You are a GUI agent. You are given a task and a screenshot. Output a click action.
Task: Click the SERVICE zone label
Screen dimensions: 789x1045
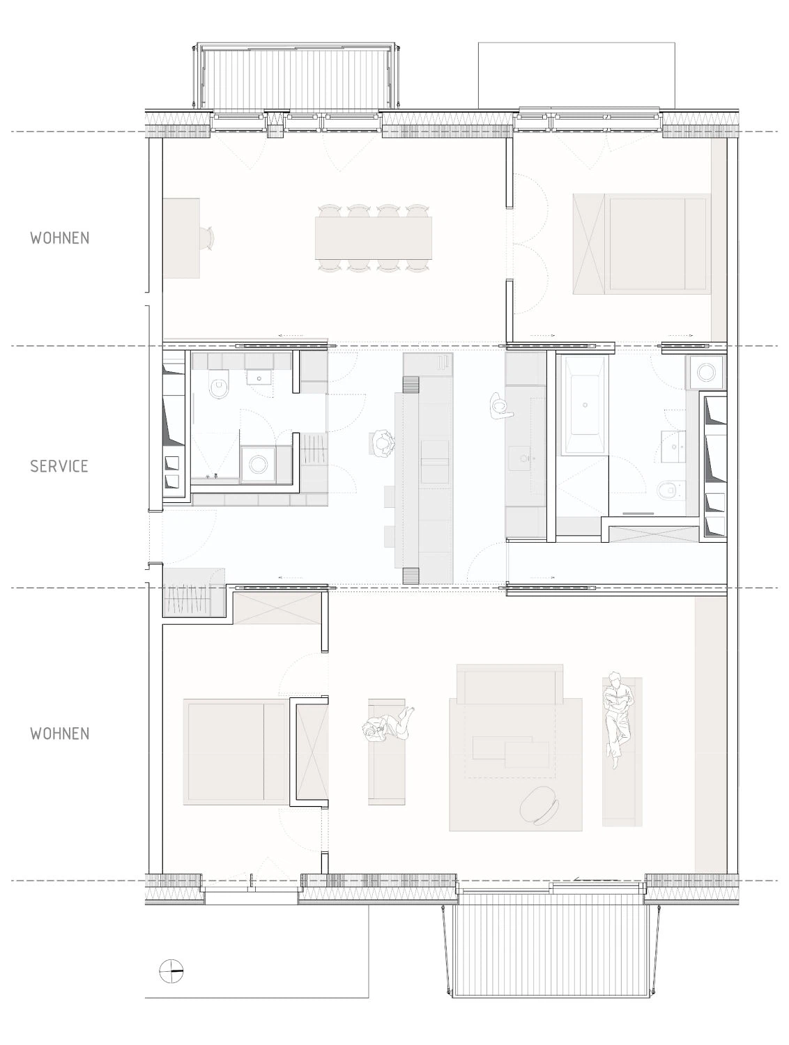pos(59,466)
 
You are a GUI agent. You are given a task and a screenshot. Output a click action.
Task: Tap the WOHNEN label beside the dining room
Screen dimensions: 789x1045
pos(59,238)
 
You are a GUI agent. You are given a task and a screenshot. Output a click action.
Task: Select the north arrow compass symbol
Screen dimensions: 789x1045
pos(171,970)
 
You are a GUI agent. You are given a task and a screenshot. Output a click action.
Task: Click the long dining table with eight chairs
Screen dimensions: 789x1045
pos(374,238)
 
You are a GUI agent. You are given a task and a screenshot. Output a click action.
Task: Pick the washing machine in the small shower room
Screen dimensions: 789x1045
pos(258,464)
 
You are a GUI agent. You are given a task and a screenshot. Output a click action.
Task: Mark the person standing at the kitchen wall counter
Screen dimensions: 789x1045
pos(500,406)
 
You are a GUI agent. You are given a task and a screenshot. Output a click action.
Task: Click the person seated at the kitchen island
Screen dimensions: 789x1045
pos(383,444)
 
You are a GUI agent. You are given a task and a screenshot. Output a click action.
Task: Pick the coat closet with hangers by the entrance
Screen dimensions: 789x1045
pos(194,592)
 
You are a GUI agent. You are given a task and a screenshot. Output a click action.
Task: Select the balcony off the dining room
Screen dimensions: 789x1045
pos(296,77)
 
